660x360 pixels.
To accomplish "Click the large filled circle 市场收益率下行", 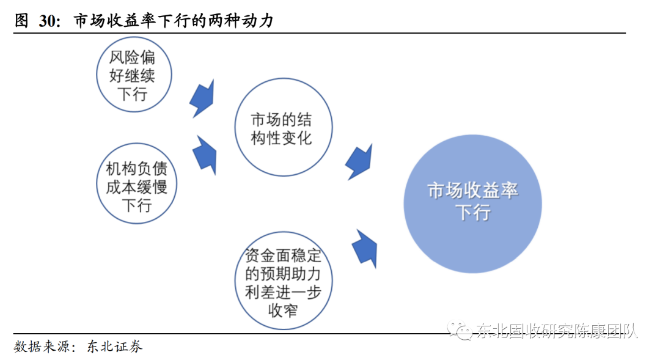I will (x=472, y=202).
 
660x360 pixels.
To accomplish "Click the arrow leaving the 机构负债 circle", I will (x=205, y=155).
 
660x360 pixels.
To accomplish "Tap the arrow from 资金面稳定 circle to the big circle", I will (x=365, y=248).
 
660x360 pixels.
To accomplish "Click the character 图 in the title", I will (x=21, y=21).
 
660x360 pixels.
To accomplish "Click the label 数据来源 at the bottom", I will (x=42, y=347).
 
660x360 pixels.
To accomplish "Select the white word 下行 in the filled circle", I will (x=472, y=213).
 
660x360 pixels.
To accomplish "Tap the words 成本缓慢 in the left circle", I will (x=136, y=186).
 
